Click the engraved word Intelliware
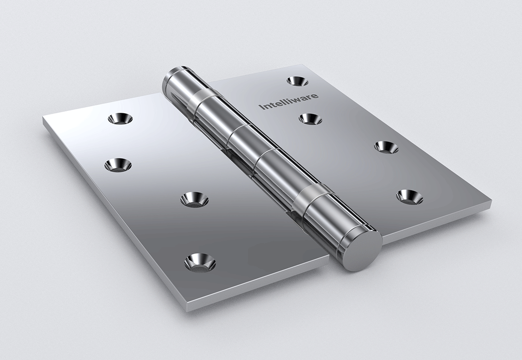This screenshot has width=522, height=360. point(289,101)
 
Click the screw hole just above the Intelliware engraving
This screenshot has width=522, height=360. point(297,80)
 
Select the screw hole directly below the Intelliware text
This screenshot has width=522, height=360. point(310,119)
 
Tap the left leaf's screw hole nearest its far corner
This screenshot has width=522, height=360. point(120,118)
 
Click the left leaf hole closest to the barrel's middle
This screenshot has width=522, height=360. point(194,200)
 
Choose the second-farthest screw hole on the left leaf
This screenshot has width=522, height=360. point(118,165)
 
